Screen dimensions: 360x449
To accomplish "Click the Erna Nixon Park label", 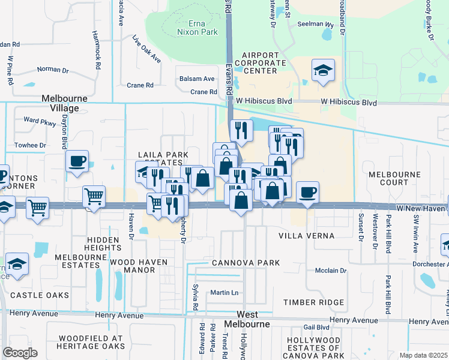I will tap(197, 28).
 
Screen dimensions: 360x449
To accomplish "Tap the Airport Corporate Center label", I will tap(260, 63).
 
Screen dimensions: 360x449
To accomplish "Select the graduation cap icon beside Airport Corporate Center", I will tap(323, 71).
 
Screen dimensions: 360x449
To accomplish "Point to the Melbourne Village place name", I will tap(64, 103).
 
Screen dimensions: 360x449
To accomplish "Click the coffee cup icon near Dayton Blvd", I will tap(77, 161).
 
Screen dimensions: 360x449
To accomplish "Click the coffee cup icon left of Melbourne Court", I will tap(307, 193).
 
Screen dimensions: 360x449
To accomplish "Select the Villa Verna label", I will tap(307, 236).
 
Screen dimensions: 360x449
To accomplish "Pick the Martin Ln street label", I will tap(224, 293).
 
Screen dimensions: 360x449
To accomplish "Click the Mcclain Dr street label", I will tap(331, 271).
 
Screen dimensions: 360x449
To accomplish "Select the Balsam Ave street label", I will tap(197, 79).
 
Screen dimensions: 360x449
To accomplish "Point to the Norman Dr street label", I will tap(53, 70).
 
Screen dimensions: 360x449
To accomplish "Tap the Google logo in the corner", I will tap(20, 353).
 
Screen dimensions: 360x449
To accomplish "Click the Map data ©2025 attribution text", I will tap(423, 355).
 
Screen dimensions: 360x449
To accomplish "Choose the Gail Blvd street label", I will tap(316, 327).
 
